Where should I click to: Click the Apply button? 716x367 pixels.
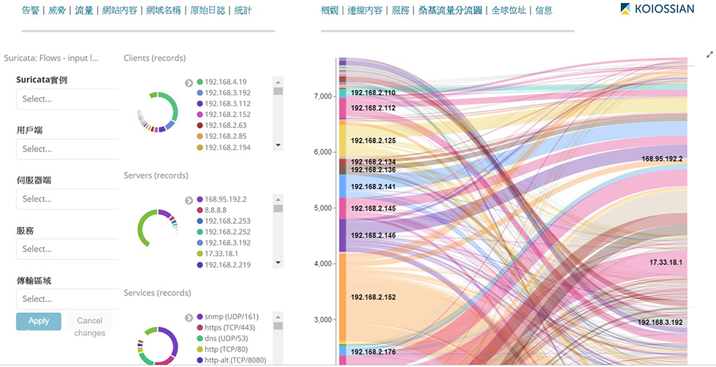click(x=39, y=321)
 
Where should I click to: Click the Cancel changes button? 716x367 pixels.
click(x=90, y=327)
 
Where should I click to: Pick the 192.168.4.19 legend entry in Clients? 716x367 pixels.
click(x=226, y=82)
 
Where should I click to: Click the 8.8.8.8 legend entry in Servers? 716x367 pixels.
click(x=220, y=210)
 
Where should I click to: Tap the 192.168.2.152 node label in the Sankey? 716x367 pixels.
click(x=373, y=298)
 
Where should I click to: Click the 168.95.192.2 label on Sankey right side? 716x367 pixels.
click(x=662, y=159)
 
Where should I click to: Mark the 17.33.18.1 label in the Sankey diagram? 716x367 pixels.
click(x=666, y=262)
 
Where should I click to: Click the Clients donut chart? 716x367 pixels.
click(x=158, y=112)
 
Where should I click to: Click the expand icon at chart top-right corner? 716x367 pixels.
click(x=709, y=54)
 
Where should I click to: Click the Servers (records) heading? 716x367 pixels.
click(x=156, y=175)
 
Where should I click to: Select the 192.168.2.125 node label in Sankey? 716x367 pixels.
click(x=373, y=140)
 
